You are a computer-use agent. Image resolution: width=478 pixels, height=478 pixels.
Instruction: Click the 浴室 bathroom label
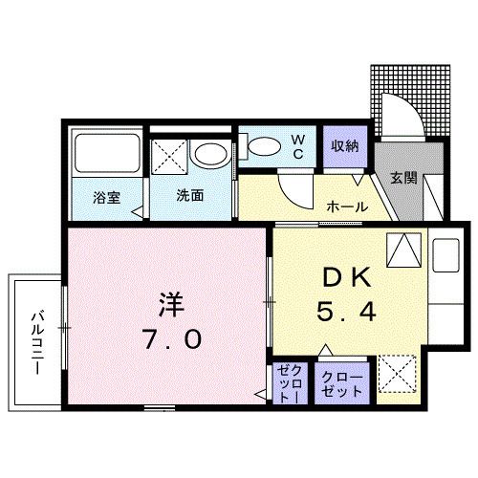pos(105,198)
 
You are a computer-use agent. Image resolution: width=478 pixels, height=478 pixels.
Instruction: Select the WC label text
pos(297,146)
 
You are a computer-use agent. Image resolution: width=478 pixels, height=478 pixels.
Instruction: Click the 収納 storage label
pos(345,146)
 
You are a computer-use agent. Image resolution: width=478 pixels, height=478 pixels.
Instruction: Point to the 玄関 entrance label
pos(402,179)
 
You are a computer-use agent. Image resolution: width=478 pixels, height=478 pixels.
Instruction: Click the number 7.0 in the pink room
pos(172,338)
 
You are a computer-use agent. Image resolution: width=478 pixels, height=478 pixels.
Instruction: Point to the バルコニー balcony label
pos(34,341)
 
